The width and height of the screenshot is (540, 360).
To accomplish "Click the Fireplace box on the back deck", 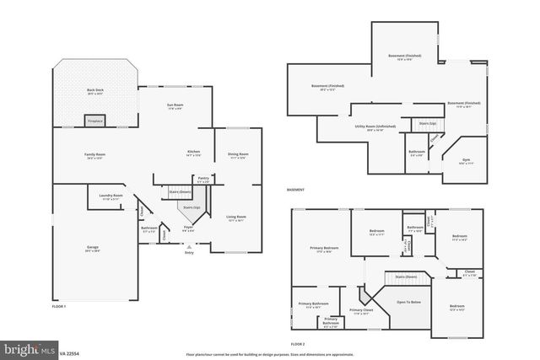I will coord(95,121).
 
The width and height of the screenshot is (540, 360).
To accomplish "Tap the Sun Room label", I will coord(175,105).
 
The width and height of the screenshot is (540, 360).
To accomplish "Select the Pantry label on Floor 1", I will coord(203,179).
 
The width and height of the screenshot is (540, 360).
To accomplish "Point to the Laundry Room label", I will coord(111,196).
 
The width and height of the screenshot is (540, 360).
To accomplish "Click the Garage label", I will coord(92,248).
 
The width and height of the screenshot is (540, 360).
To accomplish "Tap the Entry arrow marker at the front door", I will coord(189,245).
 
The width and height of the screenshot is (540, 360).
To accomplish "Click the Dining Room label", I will coord(238,155).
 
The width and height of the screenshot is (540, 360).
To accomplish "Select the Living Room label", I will coord(237,218).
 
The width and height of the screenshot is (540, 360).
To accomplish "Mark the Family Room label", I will coord(94,155).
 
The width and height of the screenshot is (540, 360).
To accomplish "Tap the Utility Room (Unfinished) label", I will coord(369,127).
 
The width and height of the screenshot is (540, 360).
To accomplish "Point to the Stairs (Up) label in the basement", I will coord(428,124).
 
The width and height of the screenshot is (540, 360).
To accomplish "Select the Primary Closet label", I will coord(361,311).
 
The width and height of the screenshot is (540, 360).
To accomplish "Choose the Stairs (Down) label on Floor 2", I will coord(406,277).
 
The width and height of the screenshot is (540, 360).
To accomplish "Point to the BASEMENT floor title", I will coord(296,190).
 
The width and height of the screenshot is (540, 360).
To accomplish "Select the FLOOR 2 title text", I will coord(297,344).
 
